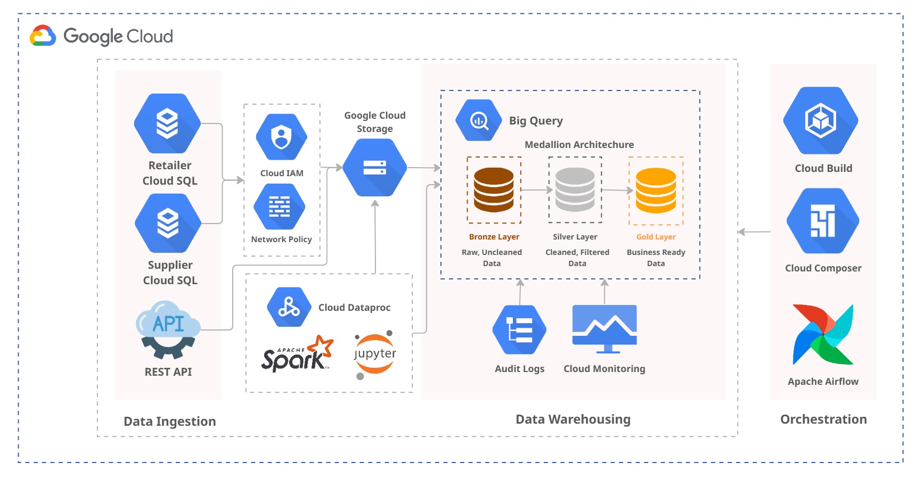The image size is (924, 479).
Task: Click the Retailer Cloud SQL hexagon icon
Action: tap(167, 123)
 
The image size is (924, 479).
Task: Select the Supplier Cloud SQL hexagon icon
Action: tap(168, 223)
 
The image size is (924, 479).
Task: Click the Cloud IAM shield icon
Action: tap(281, 137)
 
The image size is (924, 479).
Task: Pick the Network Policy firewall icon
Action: tap(280, 207)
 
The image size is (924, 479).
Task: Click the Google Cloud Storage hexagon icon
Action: tap(375, 168)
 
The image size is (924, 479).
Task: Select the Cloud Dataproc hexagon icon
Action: tap(289, 307)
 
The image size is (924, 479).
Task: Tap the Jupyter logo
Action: tap(375, 354)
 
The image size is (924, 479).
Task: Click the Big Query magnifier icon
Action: tap(479, 120)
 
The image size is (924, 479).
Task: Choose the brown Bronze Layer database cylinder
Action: tap(494, 190)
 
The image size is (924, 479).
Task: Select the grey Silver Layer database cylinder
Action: tap(575, 190)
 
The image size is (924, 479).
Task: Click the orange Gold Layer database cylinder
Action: tap(656, 190)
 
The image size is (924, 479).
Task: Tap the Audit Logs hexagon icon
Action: tap(519, 330)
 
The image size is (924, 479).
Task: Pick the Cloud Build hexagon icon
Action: tap(821, 121)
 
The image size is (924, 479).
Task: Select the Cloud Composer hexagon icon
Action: tap(823, 221)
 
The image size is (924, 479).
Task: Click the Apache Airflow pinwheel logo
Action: tap(823, 334)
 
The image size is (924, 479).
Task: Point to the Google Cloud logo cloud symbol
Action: tap(43, 36)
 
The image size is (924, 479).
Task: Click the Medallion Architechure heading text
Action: tap(579, 145)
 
